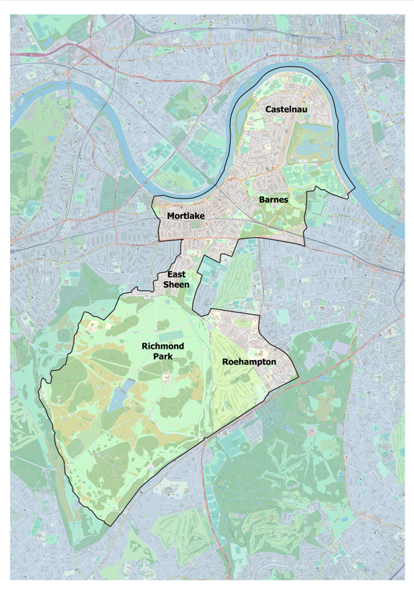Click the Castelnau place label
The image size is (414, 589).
[284, 109]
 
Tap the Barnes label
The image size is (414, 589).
[273, 199]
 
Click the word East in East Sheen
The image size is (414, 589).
[177, 275]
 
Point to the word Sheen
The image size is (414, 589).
[177, 285]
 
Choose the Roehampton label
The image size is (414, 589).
[249, 361]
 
